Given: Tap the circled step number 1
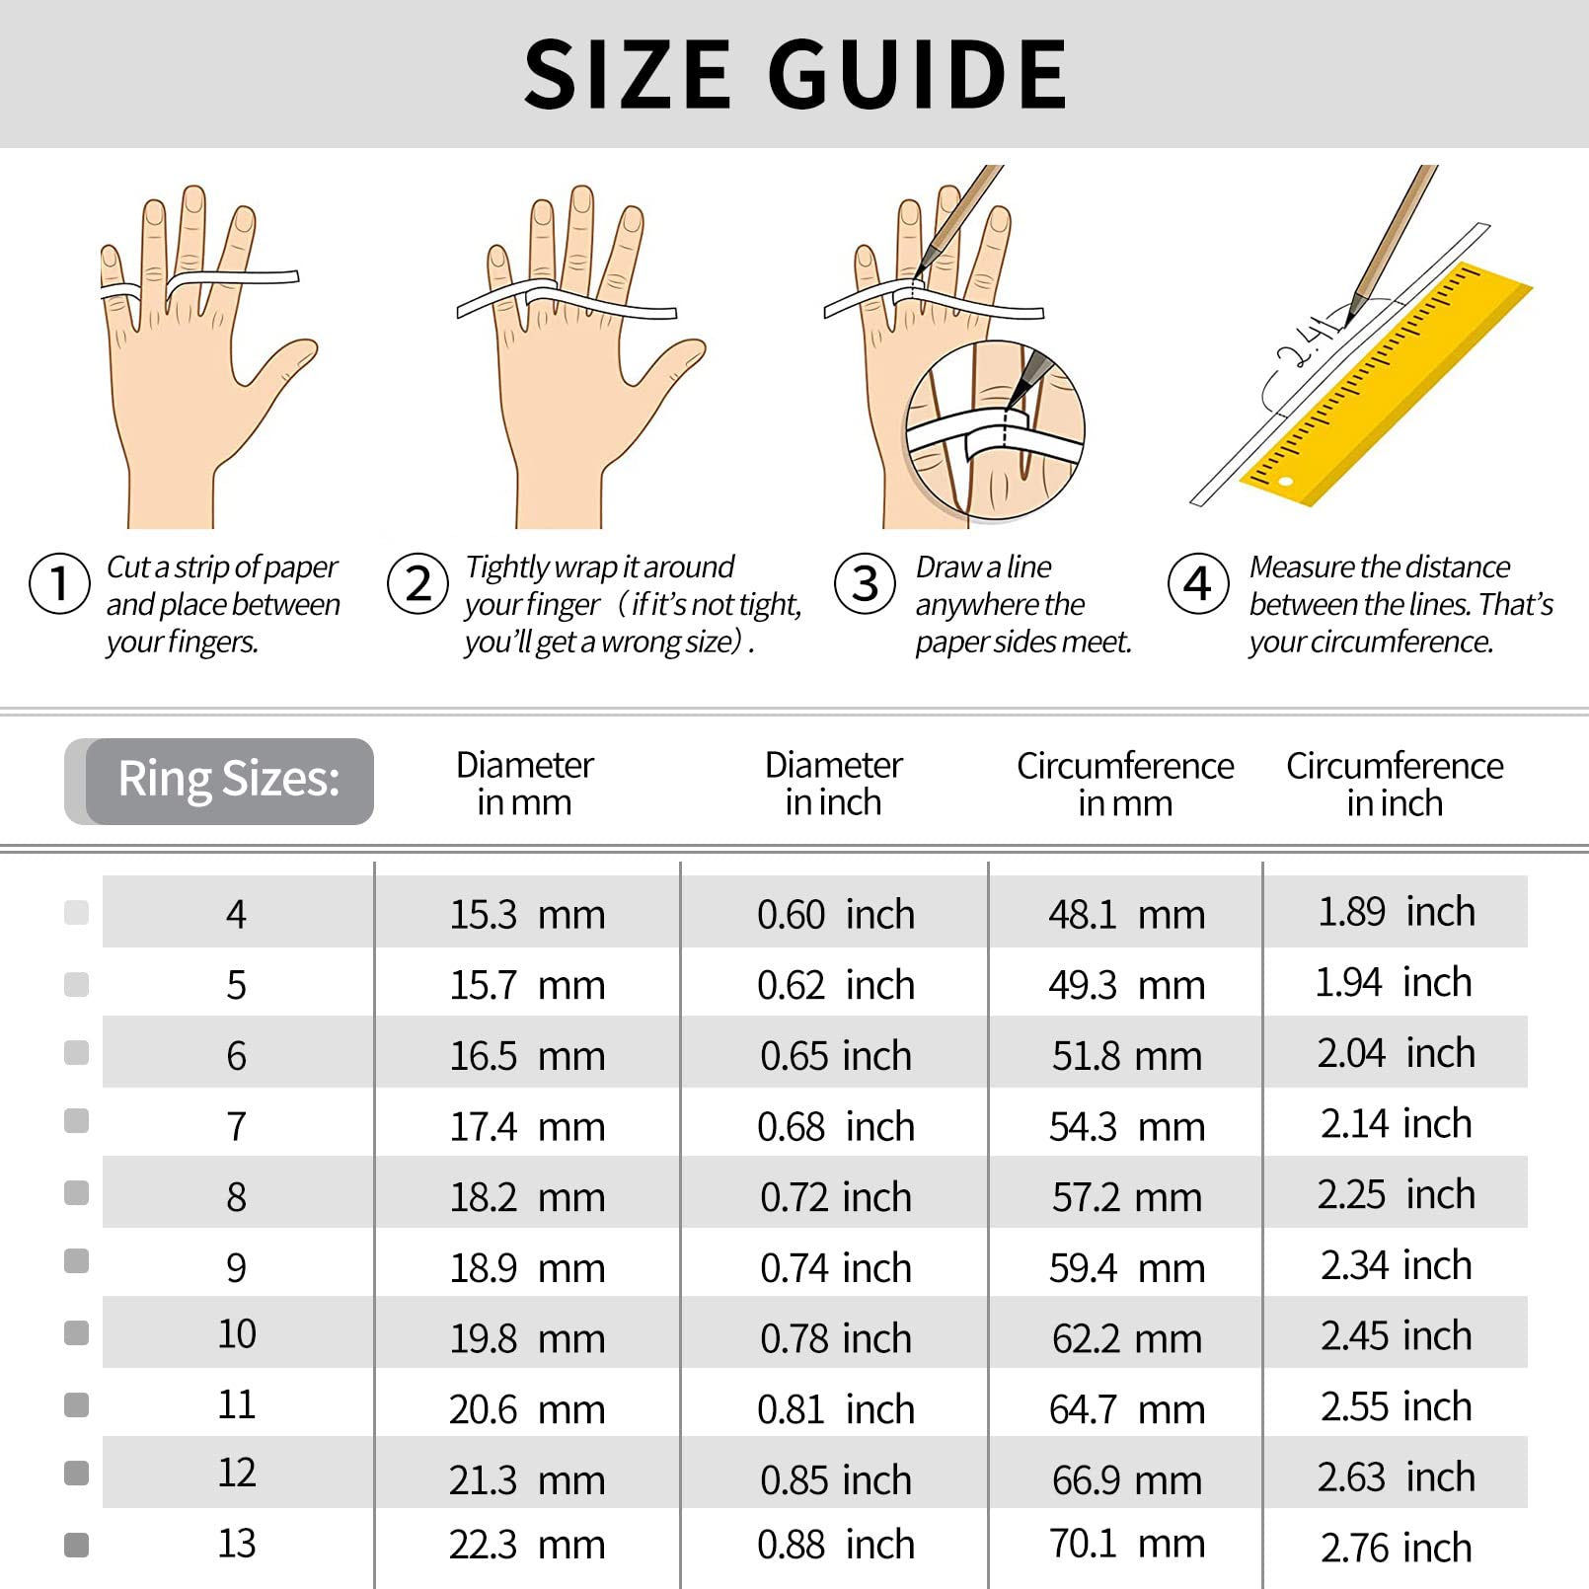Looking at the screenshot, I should (59, 583).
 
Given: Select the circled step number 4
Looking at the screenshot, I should (1197, 583).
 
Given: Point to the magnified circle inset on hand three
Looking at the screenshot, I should (995, 429).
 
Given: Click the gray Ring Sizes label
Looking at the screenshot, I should (229, 780).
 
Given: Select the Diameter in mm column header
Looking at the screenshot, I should (524, 784).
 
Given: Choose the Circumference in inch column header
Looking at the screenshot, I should (1394, 785).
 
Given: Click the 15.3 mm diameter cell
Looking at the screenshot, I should (527, 914).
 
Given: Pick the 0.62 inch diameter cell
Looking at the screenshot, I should (835, 985).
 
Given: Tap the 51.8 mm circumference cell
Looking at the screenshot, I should (1126, 1056).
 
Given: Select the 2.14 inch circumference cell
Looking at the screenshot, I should (1396, 1124).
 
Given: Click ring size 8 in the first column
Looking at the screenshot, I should (236, 1197).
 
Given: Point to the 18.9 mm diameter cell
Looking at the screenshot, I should (527, 1268).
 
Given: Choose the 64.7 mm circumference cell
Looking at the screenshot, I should (1126, 1409).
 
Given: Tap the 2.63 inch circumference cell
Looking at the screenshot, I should (1396, 1477).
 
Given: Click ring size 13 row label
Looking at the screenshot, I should (236, 1544).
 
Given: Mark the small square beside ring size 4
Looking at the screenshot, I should (76, 912).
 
